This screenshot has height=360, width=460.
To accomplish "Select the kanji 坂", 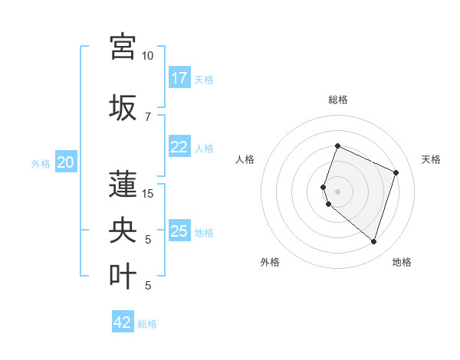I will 123,106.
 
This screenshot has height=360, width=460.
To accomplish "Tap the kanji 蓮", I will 123,183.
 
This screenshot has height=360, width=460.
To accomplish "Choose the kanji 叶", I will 123,275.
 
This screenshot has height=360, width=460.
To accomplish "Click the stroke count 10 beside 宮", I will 148,56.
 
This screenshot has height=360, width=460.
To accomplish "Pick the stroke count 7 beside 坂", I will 148,117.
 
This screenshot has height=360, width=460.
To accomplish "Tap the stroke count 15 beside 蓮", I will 148,194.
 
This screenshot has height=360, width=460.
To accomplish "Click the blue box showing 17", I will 179,78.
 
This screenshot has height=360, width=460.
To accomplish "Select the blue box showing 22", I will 179,148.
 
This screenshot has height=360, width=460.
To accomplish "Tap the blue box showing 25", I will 179,231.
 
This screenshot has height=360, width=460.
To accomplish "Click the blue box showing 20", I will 66,162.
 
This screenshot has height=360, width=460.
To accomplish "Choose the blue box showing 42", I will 123,322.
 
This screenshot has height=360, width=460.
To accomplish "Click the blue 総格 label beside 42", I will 148,324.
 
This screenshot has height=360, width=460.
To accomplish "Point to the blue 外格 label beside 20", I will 40,163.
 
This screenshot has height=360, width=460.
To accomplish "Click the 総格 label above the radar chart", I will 338,100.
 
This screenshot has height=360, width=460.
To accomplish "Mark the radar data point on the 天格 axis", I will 396,172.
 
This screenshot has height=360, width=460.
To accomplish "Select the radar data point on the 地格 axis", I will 373,242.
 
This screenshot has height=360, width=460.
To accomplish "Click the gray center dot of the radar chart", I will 338,191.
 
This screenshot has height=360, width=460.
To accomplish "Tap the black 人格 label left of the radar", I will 245,159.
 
